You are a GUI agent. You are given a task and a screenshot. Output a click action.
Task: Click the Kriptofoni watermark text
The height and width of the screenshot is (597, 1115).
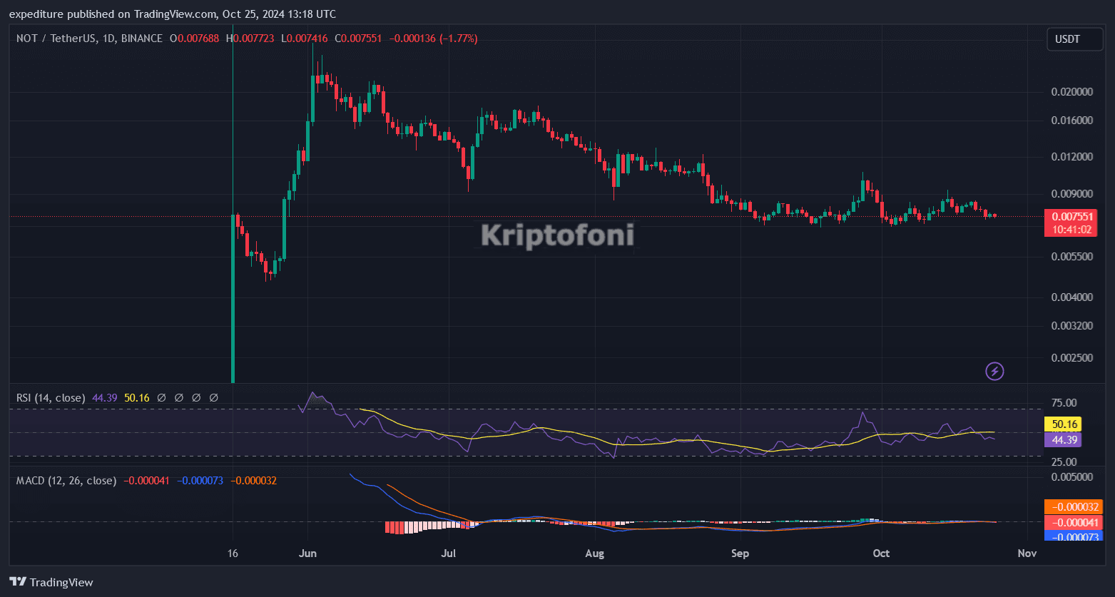point(557,235)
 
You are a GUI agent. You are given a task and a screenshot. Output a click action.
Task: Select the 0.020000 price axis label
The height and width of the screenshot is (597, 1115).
point(1072,92)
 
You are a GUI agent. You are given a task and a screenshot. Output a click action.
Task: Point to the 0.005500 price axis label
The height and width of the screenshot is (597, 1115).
point(1072,256)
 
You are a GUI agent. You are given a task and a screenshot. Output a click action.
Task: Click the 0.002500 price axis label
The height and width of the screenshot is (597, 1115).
point(1072,357)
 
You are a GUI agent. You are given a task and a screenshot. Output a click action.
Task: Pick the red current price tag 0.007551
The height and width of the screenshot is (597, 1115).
point(1070,217)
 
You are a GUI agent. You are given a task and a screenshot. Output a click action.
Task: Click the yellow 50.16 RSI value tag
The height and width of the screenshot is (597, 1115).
point(1062,424)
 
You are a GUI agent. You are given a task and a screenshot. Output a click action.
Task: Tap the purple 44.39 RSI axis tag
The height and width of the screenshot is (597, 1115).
point(1062,439)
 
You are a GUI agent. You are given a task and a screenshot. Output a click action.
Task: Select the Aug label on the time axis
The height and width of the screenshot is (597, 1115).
point(594,553)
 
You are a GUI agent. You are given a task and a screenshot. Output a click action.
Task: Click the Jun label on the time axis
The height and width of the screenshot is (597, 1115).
point(307,553)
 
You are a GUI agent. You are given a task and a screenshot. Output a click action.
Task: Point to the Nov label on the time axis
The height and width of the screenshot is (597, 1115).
point(1027,553)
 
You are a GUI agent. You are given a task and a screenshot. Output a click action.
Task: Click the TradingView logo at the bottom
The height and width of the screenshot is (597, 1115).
point(51,582)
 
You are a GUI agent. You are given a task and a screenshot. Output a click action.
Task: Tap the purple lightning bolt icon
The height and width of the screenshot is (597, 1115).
point(994,371)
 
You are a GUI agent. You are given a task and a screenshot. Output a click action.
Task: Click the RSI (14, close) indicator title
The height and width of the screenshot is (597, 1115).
point(51,398)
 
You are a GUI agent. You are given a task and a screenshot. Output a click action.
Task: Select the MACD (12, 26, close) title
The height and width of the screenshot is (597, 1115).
point(66,481)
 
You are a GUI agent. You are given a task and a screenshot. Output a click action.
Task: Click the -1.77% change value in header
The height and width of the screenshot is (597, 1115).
point(459,39)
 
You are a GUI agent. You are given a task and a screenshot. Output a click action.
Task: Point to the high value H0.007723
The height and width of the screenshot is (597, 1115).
point(250,39)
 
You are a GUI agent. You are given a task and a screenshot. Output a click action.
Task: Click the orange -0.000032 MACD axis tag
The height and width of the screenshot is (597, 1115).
point(1073,507)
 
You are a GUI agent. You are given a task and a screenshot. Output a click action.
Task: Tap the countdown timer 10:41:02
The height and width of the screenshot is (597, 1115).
point(1070,230)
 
